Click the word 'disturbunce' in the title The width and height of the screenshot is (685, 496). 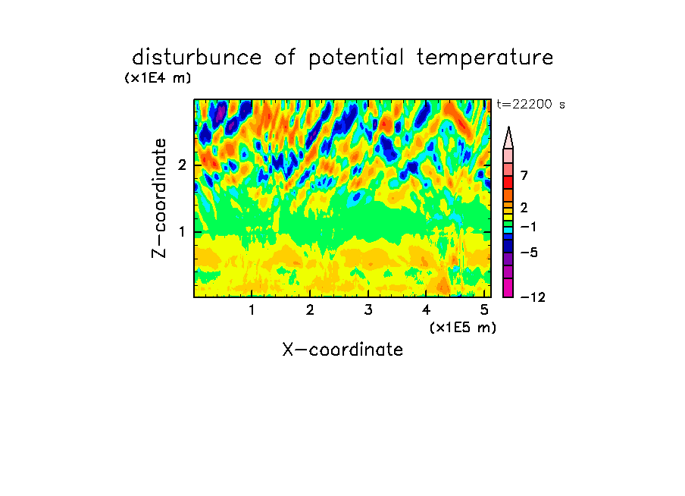[x=197, y=58]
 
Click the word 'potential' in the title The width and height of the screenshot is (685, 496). [x=356, y=58]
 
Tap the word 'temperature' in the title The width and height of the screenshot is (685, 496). [x=485, y=58]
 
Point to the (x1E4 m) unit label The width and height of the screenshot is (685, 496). [x=158, y=78]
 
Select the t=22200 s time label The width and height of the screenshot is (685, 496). [x=530, y=105]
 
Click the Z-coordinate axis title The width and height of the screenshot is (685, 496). [x=159, y=198]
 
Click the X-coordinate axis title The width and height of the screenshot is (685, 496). [x=342, y=350]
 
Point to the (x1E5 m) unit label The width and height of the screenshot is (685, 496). [x=463, y=328]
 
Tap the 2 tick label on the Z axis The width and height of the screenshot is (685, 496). [x=182, y=165]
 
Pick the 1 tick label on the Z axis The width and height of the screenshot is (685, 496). [x=183, y=232]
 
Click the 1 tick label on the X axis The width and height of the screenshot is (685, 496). [x=252, y=310]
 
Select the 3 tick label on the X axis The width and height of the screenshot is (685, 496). [x=368, y=310]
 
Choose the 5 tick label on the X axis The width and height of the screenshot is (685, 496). [x=484, y=310]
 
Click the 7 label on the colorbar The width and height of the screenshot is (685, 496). [x=524, y=175]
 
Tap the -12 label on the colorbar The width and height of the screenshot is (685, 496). [x=533, y=297]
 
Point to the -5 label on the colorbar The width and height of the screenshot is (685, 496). [x=529, y=253]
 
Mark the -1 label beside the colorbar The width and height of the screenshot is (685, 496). [x=528, y=227]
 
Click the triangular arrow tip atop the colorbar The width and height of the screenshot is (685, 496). [x=508, y=127]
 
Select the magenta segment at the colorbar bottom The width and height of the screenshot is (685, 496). [x=508, y=287]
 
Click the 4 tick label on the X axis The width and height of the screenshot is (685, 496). [x=426, y=310]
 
